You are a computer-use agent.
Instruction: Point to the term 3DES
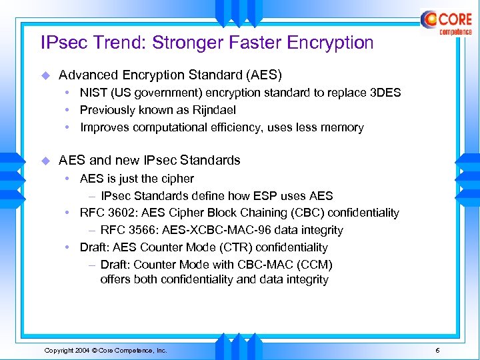coord(385,93)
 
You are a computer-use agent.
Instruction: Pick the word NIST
coord(93,93)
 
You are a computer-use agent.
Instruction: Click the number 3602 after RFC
coord(119,213)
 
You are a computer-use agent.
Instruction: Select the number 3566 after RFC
coord(139,230)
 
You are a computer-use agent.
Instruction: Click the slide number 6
coord(437,351)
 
